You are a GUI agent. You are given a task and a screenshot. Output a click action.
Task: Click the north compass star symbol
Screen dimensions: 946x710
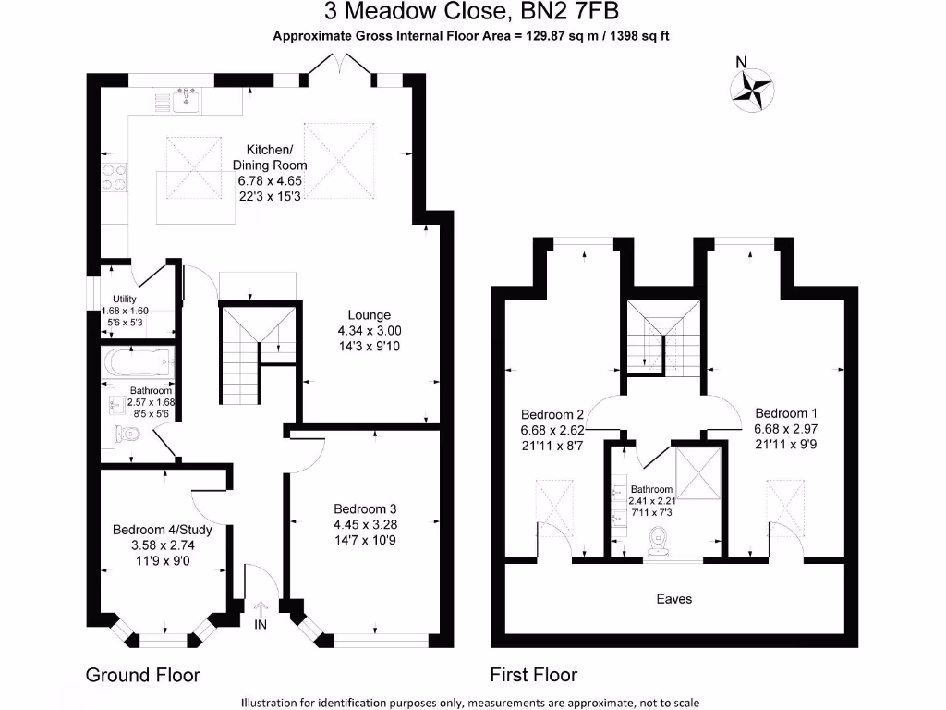pos(752,91)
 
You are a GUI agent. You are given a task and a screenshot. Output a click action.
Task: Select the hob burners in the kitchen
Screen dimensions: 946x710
pos(115,177)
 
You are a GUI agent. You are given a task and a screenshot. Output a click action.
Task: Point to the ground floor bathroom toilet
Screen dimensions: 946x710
pos(127,434)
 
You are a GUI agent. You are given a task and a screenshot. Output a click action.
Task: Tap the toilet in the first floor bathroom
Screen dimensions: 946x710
pos(658,541)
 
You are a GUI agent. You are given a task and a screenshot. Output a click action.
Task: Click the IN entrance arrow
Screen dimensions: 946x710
pos(261,610)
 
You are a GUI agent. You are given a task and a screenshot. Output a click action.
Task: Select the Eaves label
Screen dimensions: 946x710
pos(673,599)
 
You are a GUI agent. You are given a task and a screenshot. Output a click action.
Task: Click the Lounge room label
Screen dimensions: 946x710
pos(369,315)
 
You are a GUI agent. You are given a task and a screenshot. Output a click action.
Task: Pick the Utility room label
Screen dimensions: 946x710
pos(125,299)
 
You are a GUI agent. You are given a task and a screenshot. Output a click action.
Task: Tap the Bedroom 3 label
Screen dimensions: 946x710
pos(365,509)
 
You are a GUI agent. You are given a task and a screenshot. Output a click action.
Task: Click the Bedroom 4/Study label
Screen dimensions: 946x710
pos(163,530)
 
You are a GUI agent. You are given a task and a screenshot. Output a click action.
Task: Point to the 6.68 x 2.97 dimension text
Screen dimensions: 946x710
pos(785,429)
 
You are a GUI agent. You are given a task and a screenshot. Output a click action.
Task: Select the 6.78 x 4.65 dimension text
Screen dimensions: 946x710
pos(270,180)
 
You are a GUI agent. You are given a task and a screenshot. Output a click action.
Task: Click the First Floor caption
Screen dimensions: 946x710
pos(533,674)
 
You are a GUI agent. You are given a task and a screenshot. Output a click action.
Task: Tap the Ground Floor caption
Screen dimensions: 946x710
pos(142,674)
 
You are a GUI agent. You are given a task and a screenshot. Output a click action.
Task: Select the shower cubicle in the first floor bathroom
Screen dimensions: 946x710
pos(697,473)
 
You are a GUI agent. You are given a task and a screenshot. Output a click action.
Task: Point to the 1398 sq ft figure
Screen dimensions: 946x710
pos(639,36)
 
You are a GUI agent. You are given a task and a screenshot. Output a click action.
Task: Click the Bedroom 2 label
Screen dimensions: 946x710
pos(552,415)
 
